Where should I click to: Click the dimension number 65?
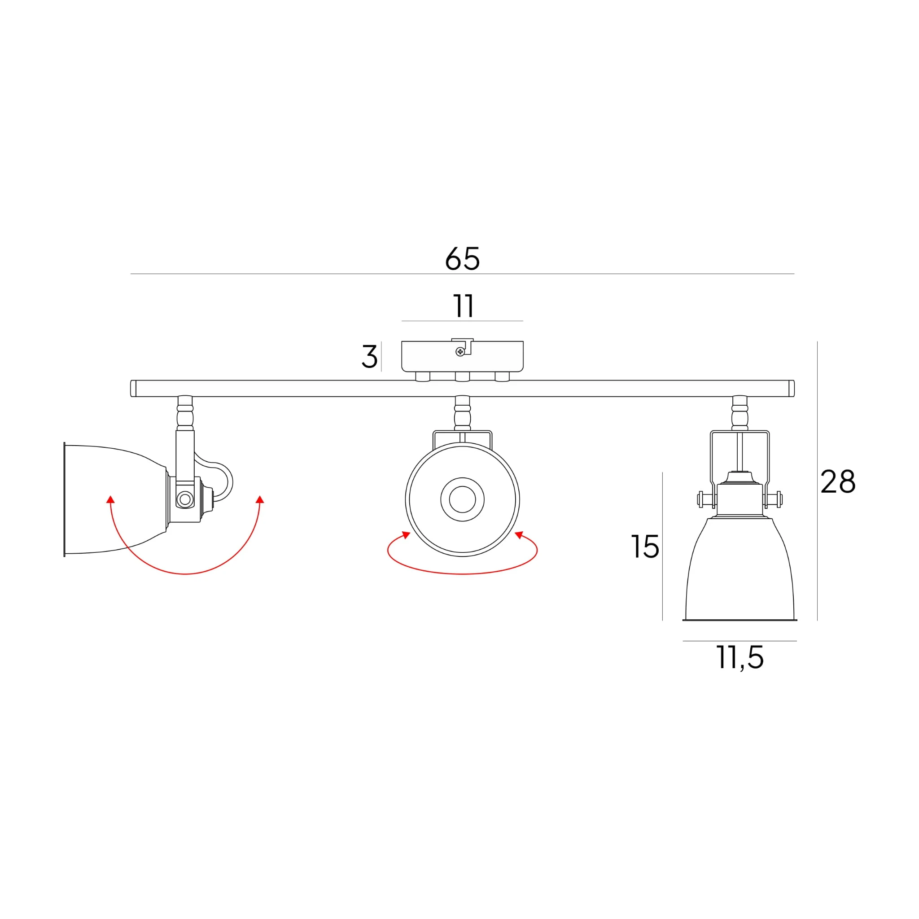pos(462,259)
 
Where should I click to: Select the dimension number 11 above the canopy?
pos(463,306)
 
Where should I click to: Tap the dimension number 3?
pos(369,356)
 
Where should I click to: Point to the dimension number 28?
pos(838,481)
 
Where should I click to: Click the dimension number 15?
pos(645,547)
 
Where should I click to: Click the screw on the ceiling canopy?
pos(460,351)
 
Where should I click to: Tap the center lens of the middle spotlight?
pos(462,499)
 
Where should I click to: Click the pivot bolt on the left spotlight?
pos(185,499)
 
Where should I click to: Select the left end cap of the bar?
pos(133,388)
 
